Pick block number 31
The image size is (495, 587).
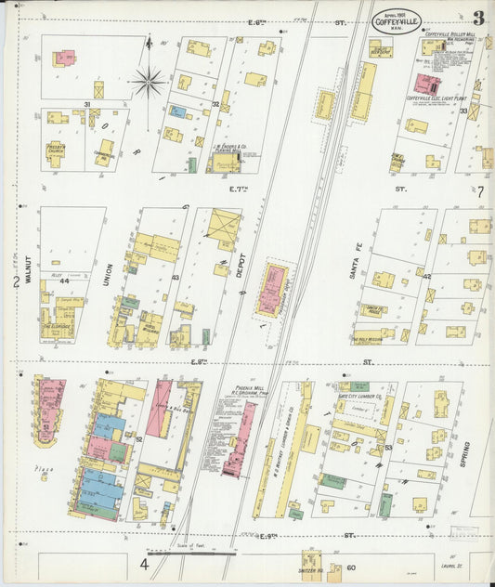point(87,103)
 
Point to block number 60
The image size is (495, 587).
point(350,567)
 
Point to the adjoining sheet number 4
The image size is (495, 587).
point(145,563)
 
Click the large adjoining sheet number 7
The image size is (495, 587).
point(481,191)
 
